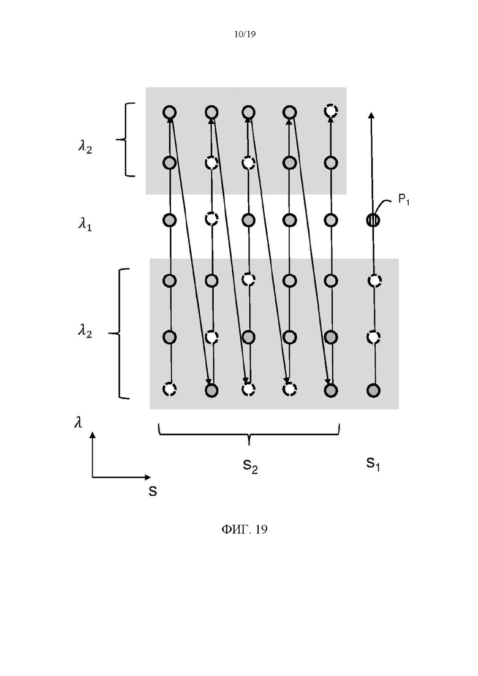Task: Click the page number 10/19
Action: tap(245, 34)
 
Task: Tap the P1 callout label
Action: tap(403, 200)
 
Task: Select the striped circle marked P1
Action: tap(373, 221)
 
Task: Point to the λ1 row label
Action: tap(85, 224)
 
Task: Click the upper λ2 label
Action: tap(85, 148)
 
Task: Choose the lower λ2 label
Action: tap(85, 332)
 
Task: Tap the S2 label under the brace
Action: tap(250, 466)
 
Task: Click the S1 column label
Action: tap(373, 463)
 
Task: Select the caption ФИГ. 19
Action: tap(245, 529)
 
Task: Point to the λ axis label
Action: tap(78, 422)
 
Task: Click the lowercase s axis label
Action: tap(153, 491)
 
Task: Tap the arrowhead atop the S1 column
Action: tap(371, 115)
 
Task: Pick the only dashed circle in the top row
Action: tap(330, 111)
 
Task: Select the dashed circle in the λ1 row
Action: tap(211, 219)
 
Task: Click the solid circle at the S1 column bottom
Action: tap(373, 390)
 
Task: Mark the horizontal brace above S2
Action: tap(249, 434)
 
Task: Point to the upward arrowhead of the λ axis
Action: tap(93, 435)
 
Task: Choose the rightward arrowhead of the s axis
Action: tap(148, 477)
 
